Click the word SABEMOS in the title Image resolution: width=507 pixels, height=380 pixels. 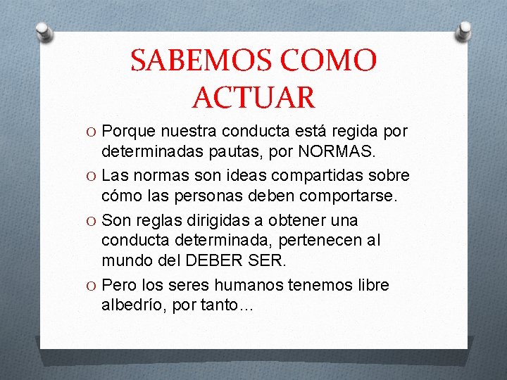pyautogui.click(x=191, y=61)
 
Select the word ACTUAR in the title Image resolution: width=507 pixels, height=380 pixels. pyautogui.click(x=254, y=96)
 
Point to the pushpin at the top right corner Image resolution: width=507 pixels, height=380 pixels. pyautogui.click(x=465, y=30)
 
